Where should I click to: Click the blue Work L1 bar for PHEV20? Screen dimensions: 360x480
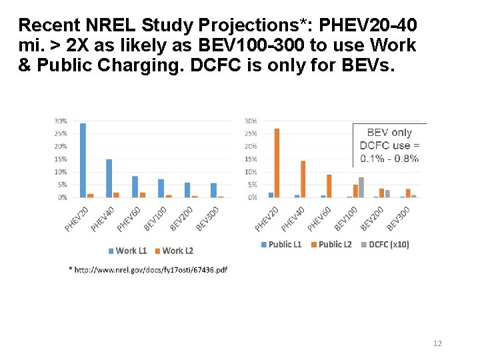[83, 160]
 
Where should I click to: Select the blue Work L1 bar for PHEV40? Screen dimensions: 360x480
[109, 178]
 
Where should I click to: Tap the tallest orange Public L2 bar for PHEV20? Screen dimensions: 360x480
[277, 163]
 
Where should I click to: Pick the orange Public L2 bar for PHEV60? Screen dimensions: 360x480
[329, 186]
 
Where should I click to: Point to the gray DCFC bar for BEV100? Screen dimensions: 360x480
[361, 187]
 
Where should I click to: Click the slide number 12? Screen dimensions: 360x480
[437, 343]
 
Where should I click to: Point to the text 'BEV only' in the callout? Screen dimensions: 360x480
[389, 133]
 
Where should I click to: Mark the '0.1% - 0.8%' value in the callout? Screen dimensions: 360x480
[389, 159]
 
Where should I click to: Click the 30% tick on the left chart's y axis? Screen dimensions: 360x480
[60, 121]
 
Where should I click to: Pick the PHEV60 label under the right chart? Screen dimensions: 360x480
[319, 218]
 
